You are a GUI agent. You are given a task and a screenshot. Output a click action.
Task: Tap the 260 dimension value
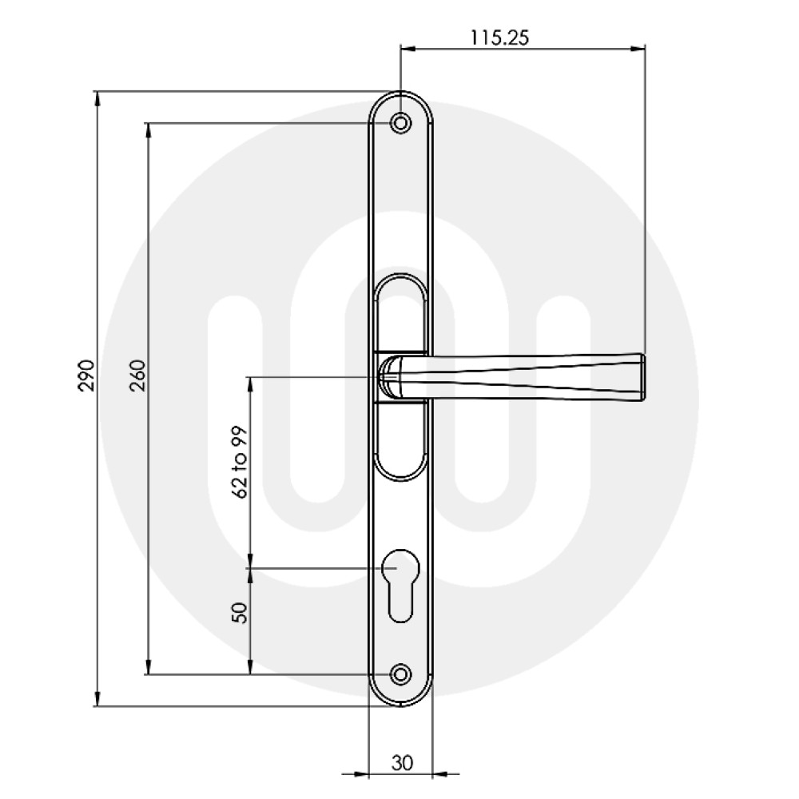pyautogui.click(x=137, y=375)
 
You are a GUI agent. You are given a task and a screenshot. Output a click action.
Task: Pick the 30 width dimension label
pyautogui.click(x=402, y=763)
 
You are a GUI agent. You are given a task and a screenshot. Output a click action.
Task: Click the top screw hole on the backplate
pyautogui.click(x=400, y=123)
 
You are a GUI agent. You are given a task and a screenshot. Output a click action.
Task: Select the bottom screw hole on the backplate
pyautogui.click(x=400, y=674)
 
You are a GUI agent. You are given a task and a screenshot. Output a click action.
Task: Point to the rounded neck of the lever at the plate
pyautogui.click(x=392, y=376)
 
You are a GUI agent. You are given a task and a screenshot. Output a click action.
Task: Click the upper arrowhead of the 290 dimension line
pyautogui.click(x=97, y=98)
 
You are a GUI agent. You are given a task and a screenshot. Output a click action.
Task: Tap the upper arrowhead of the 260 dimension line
pyautogui.click(x=148, y=130)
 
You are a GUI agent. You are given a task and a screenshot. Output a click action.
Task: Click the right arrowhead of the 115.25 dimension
pyautogui.click(x=638, y=49)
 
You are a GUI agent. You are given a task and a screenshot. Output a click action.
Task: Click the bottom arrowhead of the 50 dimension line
pyautogui.click(x=251, y=667)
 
